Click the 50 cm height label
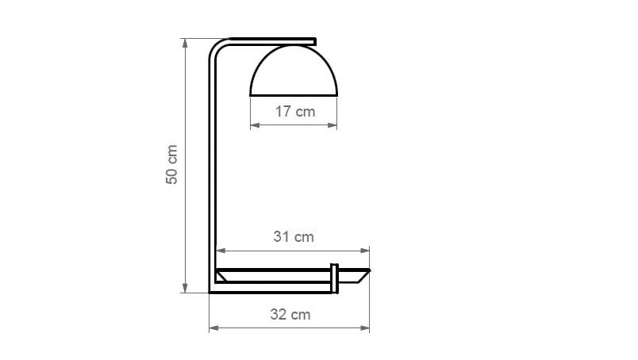[x=171, y=165]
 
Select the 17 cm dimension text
[x=294, y=112]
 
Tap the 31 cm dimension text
[x=294, y=236]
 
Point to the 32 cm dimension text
[x=290, y=315]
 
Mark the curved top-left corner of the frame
[x=216, y=47]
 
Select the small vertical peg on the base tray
[x=335, y=277]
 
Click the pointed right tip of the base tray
[x=368, y=271]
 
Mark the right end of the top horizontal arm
[x=315, y=40]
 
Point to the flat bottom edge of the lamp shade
[x=294, y=95]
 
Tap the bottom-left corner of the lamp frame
[x=211, y=290]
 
